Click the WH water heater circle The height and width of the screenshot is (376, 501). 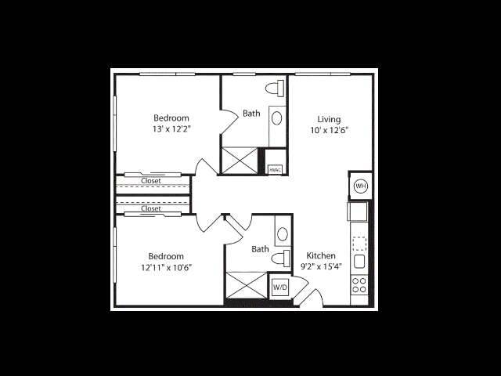point(361,186)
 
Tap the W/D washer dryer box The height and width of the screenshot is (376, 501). point(280,287)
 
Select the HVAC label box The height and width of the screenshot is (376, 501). point(275,169)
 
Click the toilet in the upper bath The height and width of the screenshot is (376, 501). point(275,89)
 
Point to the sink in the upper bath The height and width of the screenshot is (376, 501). point(277,118)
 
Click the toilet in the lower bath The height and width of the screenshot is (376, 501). point(280,258)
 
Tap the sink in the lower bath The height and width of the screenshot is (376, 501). point(283,234)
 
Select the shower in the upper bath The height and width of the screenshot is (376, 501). point(240,161)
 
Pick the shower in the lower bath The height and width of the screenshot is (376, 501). point(247,285)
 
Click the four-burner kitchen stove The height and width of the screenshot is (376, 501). point(359,285)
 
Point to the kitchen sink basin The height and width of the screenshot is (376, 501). point(359,261)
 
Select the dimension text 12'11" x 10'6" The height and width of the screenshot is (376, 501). point(167,267)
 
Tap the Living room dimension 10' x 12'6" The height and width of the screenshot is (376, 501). point(329,130)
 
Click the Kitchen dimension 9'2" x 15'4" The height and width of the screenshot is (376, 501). point(321,266)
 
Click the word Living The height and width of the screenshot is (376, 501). point(329,119)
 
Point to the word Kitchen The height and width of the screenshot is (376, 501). point(321,255)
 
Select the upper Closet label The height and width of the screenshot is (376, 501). point(151,181)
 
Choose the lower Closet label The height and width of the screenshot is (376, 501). point(151,208)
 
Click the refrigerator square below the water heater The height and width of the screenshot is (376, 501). point(358,211)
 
